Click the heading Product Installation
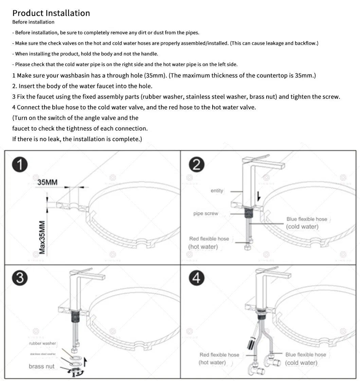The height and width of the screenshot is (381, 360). [x=51, y=13]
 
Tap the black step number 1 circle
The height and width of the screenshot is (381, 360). [x=20, y=165]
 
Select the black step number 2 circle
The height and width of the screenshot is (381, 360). [x=196, y=165]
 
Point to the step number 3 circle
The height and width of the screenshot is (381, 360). [x=20, y=278]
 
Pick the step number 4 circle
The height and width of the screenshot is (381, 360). [x=196, y=278]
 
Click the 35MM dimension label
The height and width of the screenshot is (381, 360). [x=47, y=183]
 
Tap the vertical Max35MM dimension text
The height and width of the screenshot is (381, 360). [x=42, y=237]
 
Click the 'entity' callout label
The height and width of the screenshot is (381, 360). [x=217, y=191]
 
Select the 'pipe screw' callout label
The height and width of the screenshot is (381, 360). [x=205, y=213]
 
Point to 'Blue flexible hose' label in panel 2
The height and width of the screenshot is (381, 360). [x=306, y=219]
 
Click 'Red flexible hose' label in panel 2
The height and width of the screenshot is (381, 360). [x=209, y=239]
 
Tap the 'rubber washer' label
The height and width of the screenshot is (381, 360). [x=42, y=343]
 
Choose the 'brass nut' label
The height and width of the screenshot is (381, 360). [x=41, y=366]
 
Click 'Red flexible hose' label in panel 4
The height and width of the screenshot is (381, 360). [x=219, y=355]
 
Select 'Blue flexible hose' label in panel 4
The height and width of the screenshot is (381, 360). [x=305, y=355]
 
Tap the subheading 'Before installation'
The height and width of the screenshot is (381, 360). [x=33, y=22]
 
